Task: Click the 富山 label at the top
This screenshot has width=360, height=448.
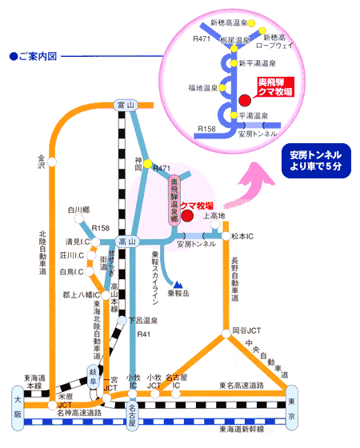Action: (122, 104)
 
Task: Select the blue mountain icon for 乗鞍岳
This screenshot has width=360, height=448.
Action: (177, 282)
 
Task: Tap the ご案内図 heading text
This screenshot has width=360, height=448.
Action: (35, 58)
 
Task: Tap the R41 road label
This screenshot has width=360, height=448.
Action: (144, 334)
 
